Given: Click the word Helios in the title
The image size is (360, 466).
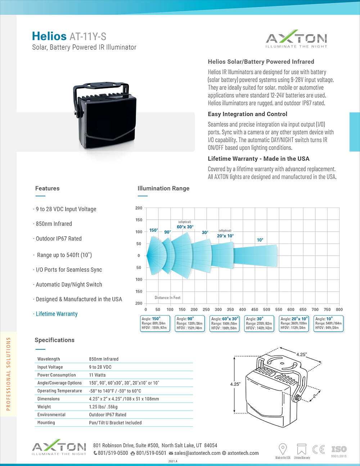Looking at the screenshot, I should [x=49, y=36].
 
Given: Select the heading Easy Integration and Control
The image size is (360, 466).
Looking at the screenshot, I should [x=247, y=114].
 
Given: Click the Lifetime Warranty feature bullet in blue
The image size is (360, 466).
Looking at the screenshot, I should [x=57, y=314].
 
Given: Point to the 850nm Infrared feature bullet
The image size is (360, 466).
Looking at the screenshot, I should [x=54, y=224].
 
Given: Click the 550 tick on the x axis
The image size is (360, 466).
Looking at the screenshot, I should [x=279, y=309].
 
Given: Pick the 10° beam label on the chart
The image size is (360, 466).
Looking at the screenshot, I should [x=260, y=240].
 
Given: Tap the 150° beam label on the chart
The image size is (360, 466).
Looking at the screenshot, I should [x=154, y=230].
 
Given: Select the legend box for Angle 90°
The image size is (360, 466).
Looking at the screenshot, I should [x=189, y=323].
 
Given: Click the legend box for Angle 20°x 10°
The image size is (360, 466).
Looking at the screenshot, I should [x=294, y=323].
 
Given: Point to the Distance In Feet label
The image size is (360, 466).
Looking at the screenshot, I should [x=167, y=298].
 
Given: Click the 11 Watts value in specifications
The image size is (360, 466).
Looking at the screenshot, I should [x=97, y=375].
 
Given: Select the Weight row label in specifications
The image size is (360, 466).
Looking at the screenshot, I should [x=44, y=407].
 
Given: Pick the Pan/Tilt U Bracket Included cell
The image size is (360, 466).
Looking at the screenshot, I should [x=115, y=423].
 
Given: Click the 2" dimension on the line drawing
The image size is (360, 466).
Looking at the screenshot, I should [x=314, y=396].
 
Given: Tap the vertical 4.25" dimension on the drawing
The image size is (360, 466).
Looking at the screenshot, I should [x=235, y=384].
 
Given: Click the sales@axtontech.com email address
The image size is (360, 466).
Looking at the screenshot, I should [x=197, y=453].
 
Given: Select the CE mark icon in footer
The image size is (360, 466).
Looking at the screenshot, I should [x=319, y=449].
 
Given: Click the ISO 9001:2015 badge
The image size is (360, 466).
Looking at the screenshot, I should [x=339, y=451].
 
